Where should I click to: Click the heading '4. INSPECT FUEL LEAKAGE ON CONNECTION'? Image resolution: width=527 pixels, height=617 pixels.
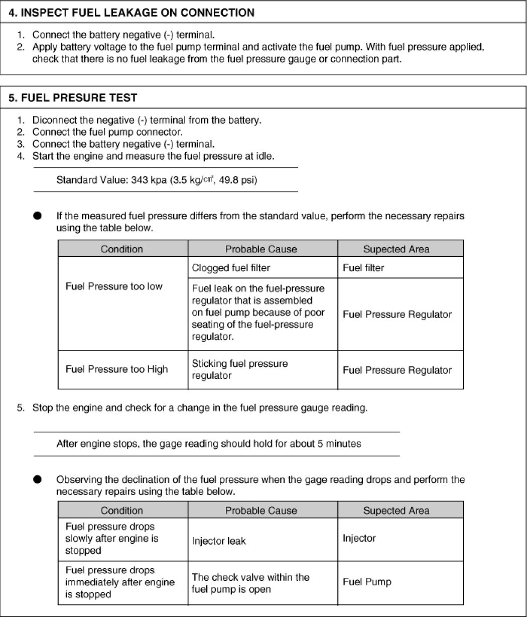coord(131,13)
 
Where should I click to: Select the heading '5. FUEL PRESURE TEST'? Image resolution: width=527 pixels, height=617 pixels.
coord(73,98)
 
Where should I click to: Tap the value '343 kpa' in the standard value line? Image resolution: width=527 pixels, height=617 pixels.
coord(147,180)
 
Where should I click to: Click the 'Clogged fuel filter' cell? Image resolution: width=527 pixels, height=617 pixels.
coord(231,268)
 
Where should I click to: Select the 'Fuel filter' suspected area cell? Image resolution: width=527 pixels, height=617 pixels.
coord(363,268)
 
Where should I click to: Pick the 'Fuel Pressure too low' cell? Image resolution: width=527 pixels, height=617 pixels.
coord(114,286)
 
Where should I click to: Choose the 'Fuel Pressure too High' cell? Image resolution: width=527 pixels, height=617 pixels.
coord(116,369)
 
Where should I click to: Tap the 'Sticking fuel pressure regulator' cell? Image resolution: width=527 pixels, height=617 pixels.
coord(239,369)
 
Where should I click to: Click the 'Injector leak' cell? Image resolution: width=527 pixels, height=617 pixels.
coord(219,541)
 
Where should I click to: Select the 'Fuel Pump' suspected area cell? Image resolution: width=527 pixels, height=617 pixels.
coord(367,582)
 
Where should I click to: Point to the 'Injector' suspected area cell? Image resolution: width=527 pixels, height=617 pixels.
coord(359,538)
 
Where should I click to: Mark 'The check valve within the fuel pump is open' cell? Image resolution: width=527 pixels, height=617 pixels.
coord(250,583)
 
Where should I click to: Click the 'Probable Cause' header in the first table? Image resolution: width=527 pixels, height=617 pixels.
coord(261,249)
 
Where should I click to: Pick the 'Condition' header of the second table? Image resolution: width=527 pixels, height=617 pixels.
coord(122,510)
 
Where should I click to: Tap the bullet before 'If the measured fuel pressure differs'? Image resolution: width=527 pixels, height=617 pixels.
coord(37,216)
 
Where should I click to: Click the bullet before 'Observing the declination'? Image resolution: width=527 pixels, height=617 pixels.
coord(37,479)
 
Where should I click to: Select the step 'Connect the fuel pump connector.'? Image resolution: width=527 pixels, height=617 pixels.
coord(107,132)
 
